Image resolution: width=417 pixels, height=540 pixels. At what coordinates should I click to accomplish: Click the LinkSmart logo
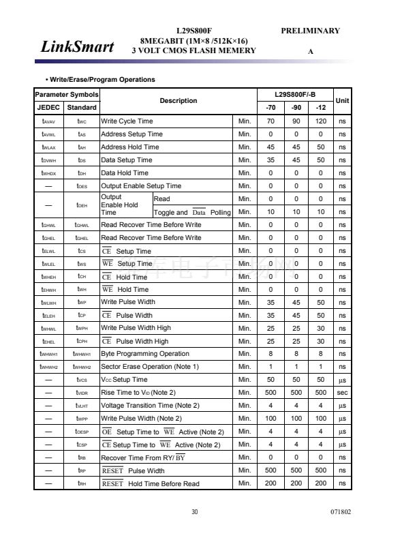point(77,46)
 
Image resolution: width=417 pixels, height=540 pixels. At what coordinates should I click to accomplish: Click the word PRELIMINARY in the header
point(310,31)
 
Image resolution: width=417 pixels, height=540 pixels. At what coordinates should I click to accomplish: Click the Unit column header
point(342,100)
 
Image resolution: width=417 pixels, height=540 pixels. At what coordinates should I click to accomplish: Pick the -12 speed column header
point(320,107)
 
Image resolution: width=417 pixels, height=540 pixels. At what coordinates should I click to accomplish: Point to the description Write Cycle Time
point(127,121)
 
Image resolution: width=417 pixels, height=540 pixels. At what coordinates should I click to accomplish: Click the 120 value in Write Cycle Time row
point(320,121)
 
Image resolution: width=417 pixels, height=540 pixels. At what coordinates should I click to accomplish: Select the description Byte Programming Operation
point(145,354)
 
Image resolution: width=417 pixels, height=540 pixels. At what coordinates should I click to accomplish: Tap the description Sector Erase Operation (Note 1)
point(150,367)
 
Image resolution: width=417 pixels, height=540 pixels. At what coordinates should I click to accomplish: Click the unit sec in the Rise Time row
point(342,393)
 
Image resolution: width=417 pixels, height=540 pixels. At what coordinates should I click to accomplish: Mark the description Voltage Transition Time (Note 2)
point(151,406)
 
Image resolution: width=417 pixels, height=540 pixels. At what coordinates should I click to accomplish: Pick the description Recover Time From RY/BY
point(143,457)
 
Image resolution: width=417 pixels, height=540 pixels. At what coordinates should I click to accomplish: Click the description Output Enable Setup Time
point(141,185)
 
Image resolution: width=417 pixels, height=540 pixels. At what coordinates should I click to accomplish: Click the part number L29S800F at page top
point(194,31)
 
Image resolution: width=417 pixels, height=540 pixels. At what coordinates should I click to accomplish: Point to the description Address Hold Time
point(130,147)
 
